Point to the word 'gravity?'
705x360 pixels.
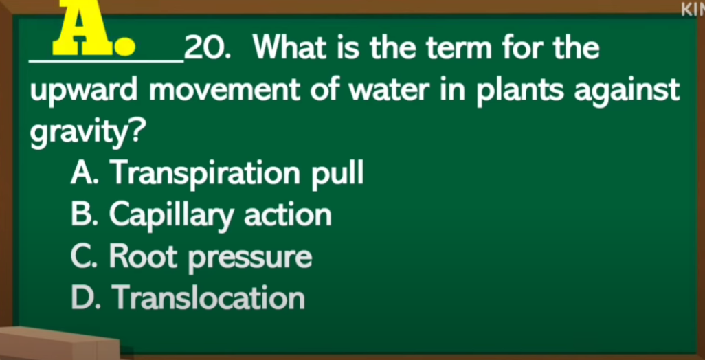88,133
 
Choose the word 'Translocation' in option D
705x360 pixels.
209,298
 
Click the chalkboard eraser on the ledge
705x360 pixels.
58,343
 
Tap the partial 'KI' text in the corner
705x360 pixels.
693,10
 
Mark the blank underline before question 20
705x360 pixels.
107,61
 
